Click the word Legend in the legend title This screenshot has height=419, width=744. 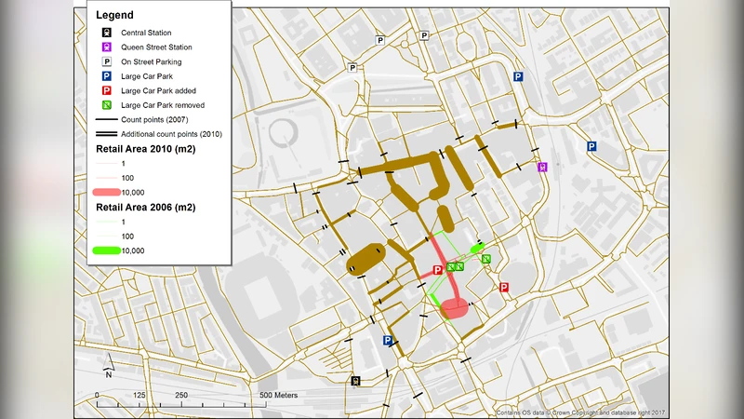tap(115, 16)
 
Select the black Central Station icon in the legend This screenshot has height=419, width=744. tap(107, 34)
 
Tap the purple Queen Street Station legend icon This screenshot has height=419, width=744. tap(107, 47)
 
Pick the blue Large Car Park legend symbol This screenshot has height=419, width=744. tap(107, 76)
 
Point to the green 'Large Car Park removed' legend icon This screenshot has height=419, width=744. tap(107, 105)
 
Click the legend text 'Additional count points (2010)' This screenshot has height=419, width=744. tap(171, 134)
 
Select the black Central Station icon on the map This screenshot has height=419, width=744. tap(355, 381)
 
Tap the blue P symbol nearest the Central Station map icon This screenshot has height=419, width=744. tap(388, 342)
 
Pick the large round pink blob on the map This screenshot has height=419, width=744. tap(455, 309)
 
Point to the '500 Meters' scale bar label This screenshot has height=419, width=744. tap(279, 396)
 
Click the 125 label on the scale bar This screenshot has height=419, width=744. tap(139, 396)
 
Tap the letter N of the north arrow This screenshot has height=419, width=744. tap(109, 374)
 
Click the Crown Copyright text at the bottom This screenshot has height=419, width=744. tap(581, 412)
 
